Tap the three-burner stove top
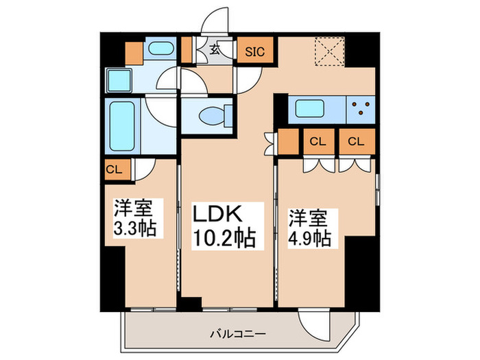click(x=361, y=108)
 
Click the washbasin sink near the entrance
click(x=162, y=49)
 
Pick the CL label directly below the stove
click(x=355, y=142)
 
